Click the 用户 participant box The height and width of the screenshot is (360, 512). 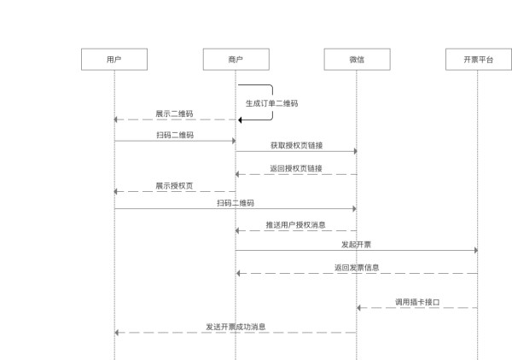tap(114, 60)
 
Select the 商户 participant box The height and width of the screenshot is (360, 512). tap(236, 60)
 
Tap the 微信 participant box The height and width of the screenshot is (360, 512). tap(357, 60)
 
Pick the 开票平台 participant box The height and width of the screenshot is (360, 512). tap(478, 60)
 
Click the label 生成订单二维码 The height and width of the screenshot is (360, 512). tap(272, 103)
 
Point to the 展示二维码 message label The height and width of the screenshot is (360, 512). tap(173, 113)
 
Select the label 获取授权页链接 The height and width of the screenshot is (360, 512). tap(295, 145)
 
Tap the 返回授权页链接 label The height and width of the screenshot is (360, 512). tap(295, 168)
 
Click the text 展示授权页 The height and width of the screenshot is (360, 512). tap(173, 185)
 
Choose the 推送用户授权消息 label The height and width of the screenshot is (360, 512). tap(295, 225)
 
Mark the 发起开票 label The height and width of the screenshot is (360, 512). tap(356, 244)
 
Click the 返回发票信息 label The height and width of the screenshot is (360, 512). tap(357, 267)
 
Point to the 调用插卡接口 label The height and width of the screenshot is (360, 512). tap(417, 302)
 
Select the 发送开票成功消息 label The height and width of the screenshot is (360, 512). tap(236, 326)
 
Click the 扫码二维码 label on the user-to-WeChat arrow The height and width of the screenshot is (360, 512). tap(236, 203)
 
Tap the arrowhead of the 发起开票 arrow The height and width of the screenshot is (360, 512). tap(474, 250)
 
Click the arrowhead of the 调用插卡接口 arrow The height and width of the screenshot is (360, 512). tap(360, 308)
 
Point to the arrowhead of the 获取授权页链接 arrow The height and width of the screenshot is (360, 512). tap(353, 151)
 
